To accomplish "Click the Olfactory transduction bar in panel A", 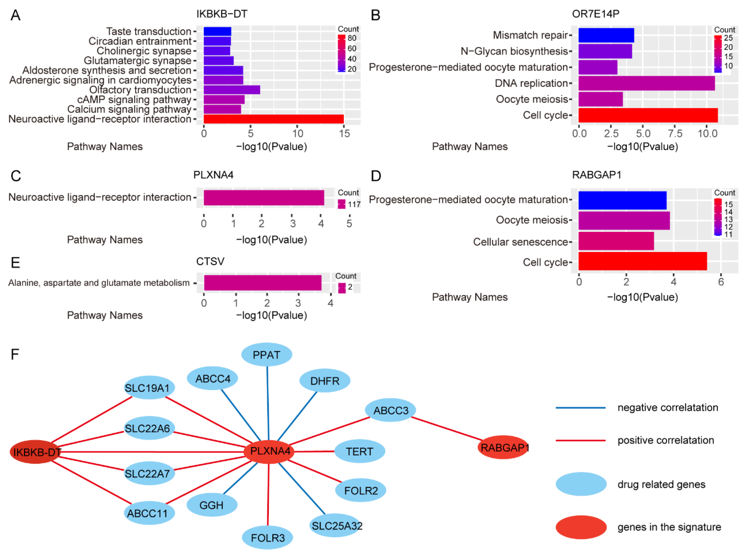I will [231, 90].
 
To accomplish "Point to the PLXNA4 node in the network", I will [269, 451].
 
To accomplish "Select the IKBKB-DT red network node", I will [35, 452].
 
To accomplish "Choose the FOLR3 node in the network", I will [267, 538].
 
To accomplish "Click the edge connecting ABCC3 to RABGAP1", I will [447, 428].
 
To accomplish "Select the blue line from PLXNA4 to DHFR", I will [297, 416].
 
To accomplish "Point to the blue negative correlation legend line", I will [580, 408].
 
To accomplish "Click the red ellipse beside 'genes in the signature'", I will [581, 527].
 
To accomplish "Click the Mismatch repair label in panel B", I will [530, 35].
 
